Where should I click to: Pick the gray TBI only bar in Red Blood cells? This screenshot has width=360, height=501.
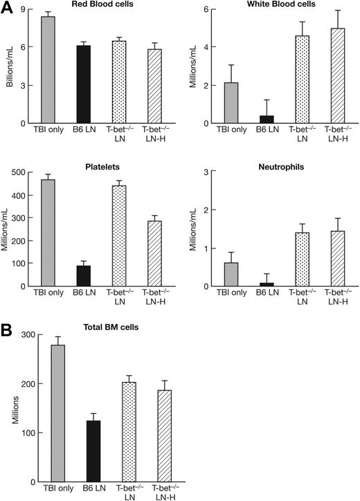point(48,71)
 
